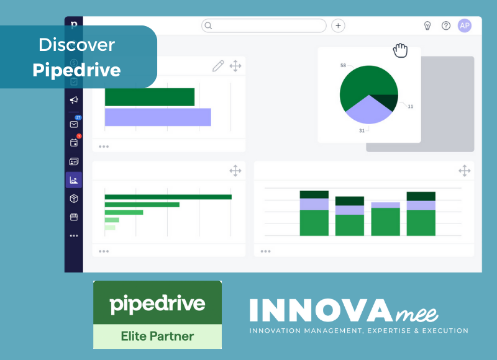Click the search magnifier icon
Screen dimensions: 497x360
tap(208, 25)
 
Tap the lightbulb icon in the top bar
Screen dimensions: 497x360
tap(427, 25)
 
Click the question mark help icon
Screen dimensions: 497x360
tap(446, 25)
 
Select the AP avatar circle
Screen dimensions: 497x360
tap(465, 25)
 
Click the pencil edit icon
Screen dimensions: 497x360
tap(218, 66)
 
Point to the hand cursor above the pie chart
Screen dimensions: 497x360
tap(400, 50)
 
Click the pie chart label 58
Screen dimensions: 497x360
tap(343, 65)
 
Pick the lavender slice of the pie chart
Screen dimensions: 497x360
tap(369, 111)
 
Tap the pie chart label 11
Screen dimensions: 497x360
tap(411, 106)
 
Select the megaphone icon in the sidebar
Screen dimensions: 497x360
tap(74, 100)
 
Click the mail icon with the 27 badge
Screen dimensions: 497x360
tap(74, 124)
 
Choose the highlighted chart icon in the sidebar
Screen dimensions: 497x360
tap(74, 180)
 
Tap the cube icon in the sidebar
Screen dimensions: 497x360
tap(74, 199)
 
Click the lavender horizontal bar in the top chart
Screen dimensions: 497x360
tap(158, 117)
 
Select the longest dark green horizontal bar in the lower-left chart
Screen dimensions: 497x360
tap(168, 197)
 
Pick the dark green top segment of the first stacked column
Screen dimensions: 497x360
tap(314, 194)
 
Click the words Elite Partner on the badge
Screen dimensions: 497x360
tap(157, 336)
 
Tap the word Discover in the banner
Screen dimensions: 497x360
tap(76, 45)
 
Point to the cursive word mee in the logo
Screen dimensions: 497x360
tap(417, 314)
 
